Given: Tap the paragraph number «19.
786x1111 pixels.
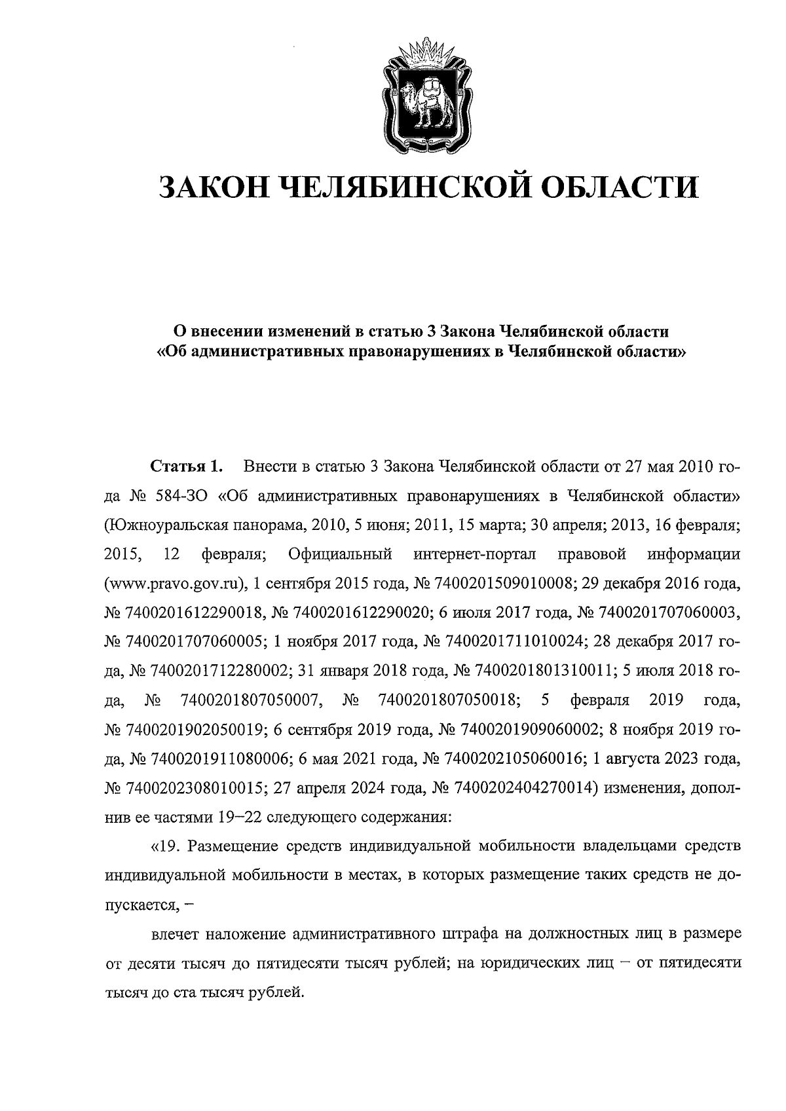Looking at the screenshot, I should (166, 846).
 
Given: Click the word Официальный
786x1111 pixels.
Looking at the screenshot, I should (339, 554).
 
